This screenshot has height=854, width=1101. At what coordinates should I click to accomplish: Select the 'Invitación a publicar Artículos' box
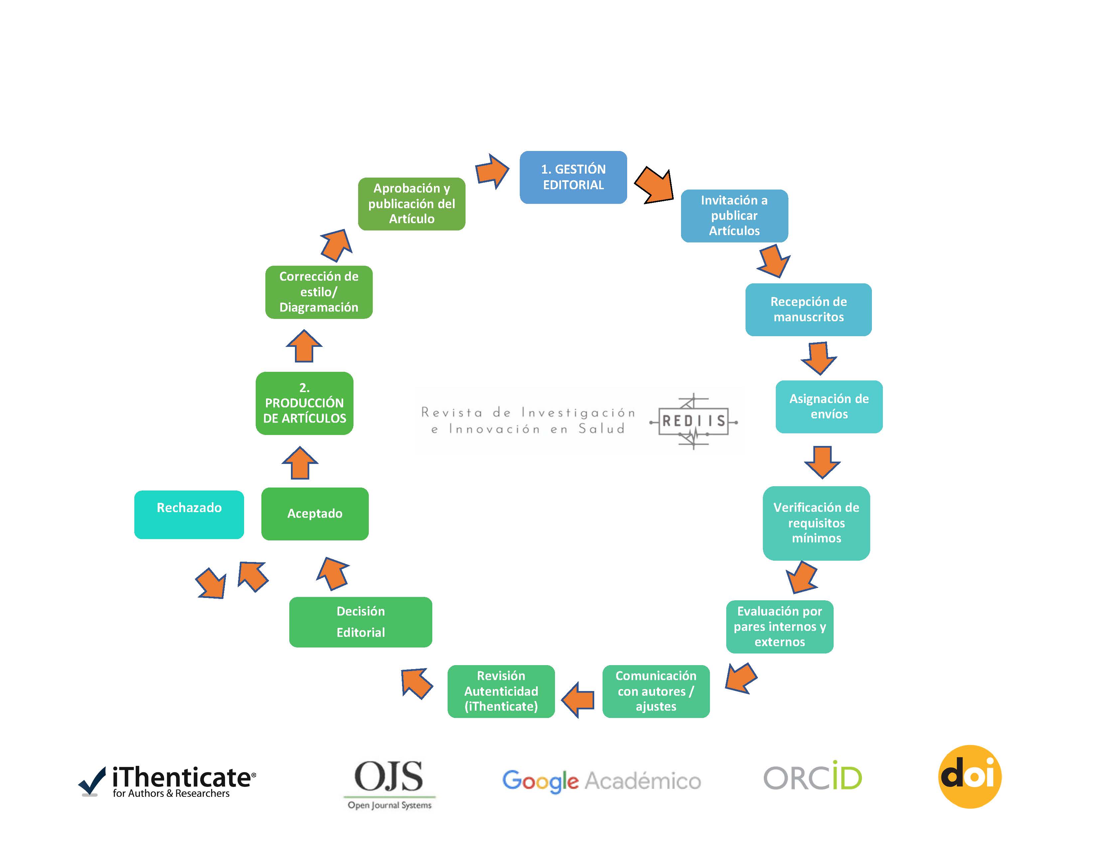[734, 216]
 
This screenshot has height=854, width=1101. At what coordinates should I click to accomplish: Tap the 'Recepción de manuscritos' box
[808, 310]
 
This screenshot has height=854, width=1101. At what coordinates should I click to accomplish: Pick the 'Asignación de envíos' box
[829, 406]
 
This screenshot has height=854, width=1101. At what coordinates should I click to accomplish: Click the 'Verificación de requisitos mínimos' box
[816, 523]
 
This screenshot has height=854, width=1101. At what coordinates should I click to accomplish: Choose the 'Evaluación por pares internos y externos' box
[779, 627]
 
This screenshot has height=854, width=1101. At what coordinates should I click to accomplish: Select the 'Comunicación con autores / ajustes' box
[655, 691]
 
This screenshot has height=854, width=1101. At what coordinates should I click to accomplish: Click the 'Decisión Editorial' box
[360, 622]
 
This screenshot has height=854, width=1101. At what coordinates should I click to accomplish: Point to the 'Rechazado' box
[189, 514]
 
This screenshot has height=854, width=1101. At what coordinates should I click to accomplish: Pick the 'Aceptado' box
[315, 514]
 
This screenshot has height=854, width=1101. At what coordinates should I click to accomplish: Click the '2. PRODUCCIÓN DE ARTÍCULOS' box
[305, 403]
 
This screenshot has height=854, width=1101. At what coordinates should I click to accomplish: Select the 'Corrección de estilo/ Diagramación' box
[319, 292]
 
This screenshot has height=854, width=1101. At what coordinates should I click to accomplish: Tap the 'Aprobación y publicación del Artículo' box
[411, 204]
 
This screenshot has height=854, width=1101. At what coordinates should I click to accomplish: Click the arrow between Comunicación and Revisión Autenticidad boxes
[578, 699]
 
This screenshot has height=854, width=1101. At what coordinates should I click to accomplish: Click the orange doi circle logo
[969, 777]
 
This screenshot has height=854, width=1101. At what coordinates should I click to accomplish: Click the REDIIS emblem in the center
[694, 421]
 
